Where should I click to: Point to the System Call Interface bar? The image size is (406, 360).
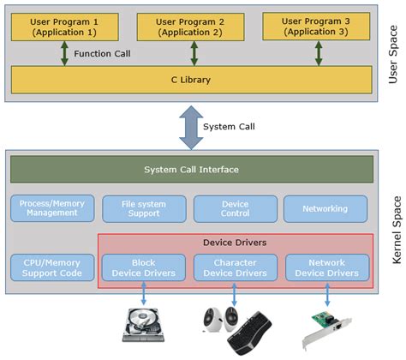191,169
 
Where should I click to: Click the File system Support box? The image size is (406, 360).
142,208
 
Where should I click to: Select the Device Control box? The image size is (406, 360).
235,208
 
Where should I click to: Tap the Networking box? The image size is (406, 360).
325,208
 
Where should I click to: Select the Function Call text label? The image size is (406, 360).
103,53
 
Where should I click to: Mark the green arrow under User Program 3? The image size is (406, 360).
318,52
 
